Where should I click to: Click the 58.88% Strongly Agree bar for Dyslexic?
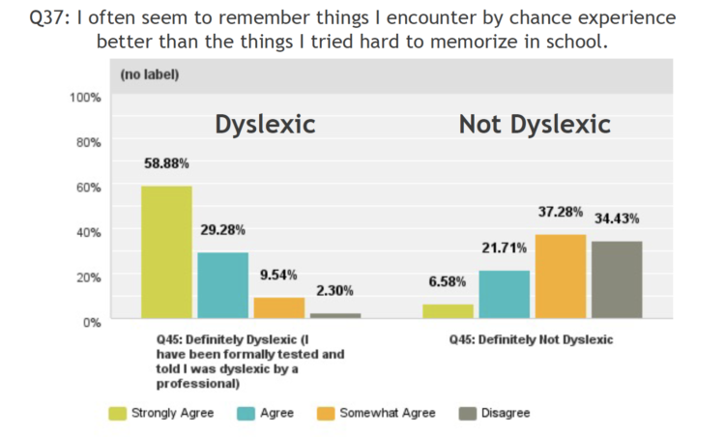166,252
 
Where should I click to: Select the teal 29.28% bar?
222,285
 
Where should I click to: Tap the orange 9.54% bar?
278,307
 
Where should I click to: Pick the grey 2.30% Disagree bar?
334,315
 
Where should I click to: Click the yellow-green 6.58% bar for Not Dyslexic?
448,311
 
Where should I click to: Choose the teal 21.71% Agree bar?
505,294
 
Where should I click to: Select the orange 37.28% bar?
561,277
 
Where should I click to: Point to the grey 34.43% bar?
618,279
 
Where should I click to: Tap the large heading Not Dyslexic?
534,125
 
